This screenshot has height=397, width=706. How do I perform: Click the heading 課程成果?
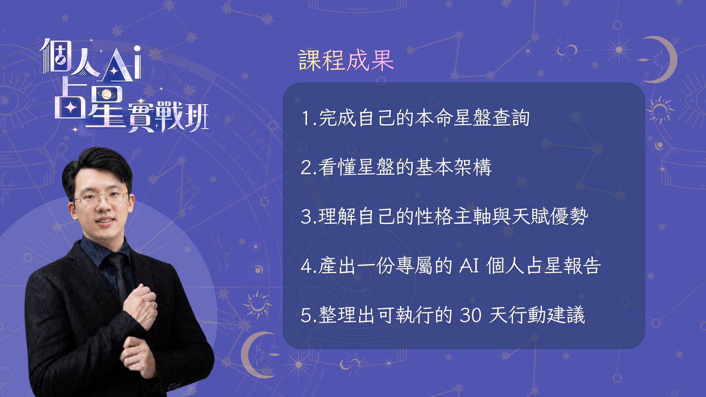click(346, 60)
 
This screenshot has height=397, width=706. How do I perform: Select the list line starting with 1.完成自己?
click(415, 118)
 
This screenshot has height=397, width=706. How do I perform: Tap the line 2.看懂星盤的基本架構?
click(396, 167)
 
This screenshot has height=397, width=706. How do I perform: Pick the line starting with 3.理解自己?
click(444, 217)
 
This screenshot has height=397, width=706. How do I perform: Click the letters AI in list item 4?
click(469, 265)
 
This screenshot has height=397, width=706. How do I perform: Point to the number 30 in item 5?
click(471, 315)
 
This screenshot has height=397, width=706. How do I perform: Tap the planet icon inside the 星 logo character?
click(107, 94)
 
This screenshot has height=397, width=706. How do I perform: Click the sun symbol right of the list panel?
click(660, 109)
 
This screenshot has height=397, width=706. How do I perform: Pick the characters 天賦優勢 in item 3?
click(550, 217)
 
